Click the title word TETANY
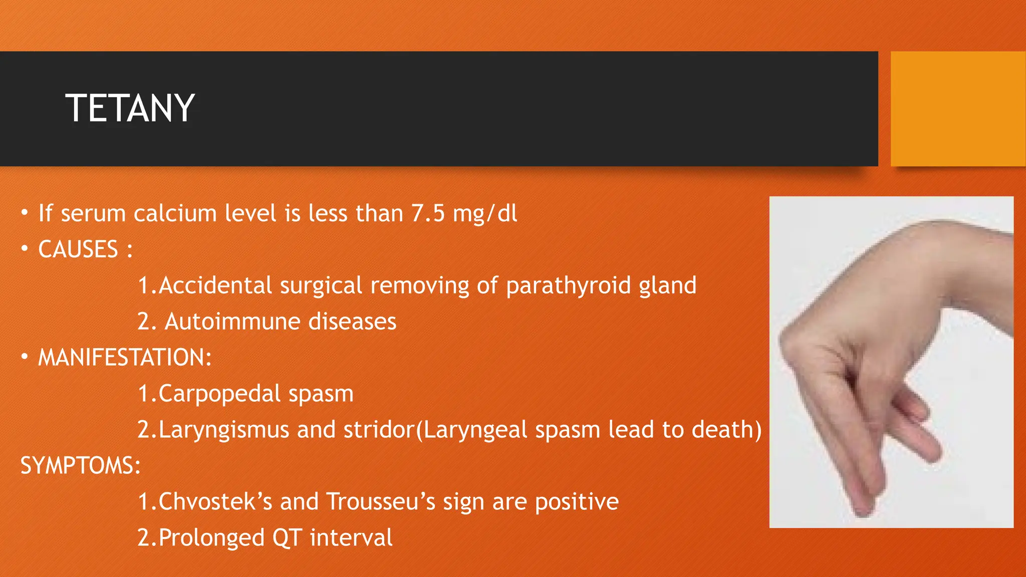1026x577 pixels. (130, 108)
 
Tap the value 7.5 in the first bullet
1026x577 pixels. (428, 214)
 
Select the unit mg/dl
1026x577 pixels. (484, 214)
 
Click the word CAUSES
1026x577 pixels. (78, 249)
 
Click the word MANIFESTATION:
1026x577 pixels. (125, 358)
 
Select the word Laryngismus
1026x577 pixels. (223, 430)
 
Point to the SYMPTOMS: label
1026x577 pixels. (80, 466)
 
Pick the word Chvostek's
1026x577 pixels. (215, 502)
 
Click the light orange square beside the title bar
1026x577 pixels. (957, 109)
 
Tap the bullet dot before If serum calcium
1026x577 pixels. (25, 213)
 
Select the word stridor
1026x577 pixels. (379, 430)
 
